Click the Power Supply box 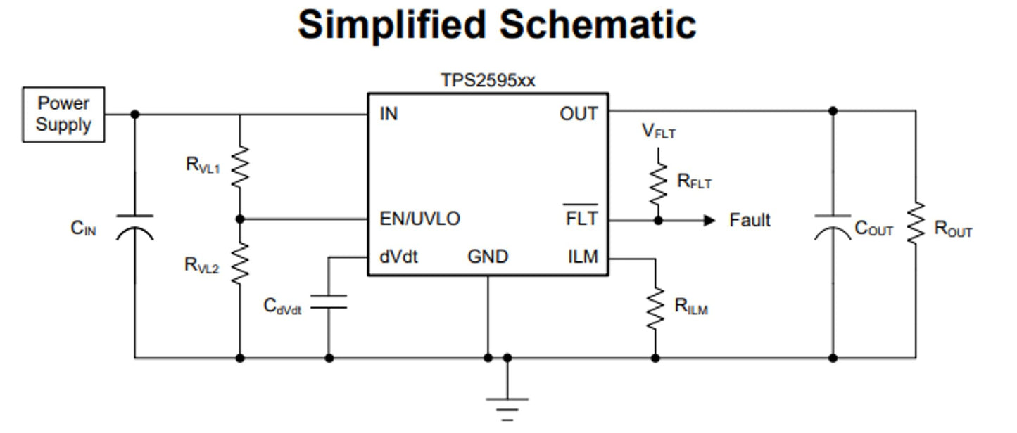[x=63, y=115]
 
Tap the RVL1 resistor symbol [x=240, y=167]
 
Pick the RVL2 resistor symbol [x=240, y=263]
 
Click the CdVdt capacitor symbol [x=329, y=302]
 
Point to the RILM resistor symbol [x=655, y=306]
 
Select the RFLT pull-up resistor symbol [x=658, y=182]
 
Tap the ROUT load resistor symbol [x=916, y=224]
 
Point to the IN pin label [x=389, y=114]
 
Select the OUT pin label [x=579, y=114]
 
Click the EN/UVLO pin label [x=419, y=219]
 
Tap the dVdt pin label [x=398, y=257]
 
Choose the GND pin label [x=488, y=257]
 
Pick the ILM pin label [x=583, y=257]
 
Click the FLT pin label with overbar [x=581, y=219]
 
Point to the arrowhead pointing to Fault [x=709, y=221]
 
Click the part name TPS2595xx [x=488, y=81]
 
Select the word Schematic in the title [x=598, y=25]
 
